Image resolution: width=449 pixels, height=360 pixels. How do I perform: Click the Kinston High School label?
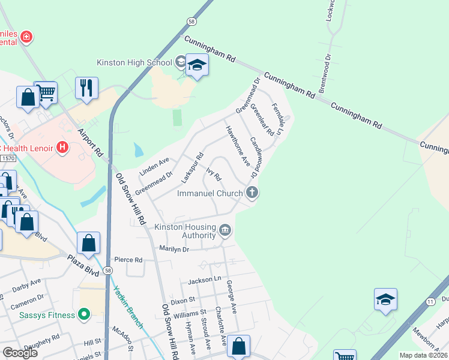point(134,62)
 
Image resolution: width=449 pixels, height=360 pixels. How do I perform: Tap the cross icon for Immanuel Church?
point(253,193)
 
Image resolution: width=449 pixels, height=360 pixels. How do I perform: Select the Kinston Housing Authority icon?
point(225,230)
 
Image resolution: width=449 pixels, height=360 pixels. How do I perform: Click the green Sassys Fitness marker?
point(84,314)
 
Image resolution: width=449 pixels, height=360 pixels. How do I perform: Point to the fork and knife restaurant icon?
point(87,88)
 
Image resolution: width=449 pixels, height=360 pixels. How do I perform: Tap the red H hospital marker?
point(61,147)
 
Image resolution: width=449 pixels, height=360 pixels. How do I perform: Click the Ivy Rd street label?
point(214,175)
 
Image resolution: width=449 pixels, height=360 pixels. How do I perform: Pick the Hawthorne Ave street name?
point(237,146)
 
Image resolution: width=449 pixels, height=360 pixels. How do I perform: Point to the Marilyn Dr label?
point(174,248)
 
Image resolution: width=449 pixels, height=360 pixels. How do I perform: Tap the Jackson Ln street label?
point(205,280)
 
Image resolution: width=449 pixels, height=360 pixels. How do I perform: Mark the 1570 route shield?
point(7,158)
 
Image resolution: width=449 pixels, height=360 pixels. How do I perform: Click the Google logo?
point(20,353)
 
